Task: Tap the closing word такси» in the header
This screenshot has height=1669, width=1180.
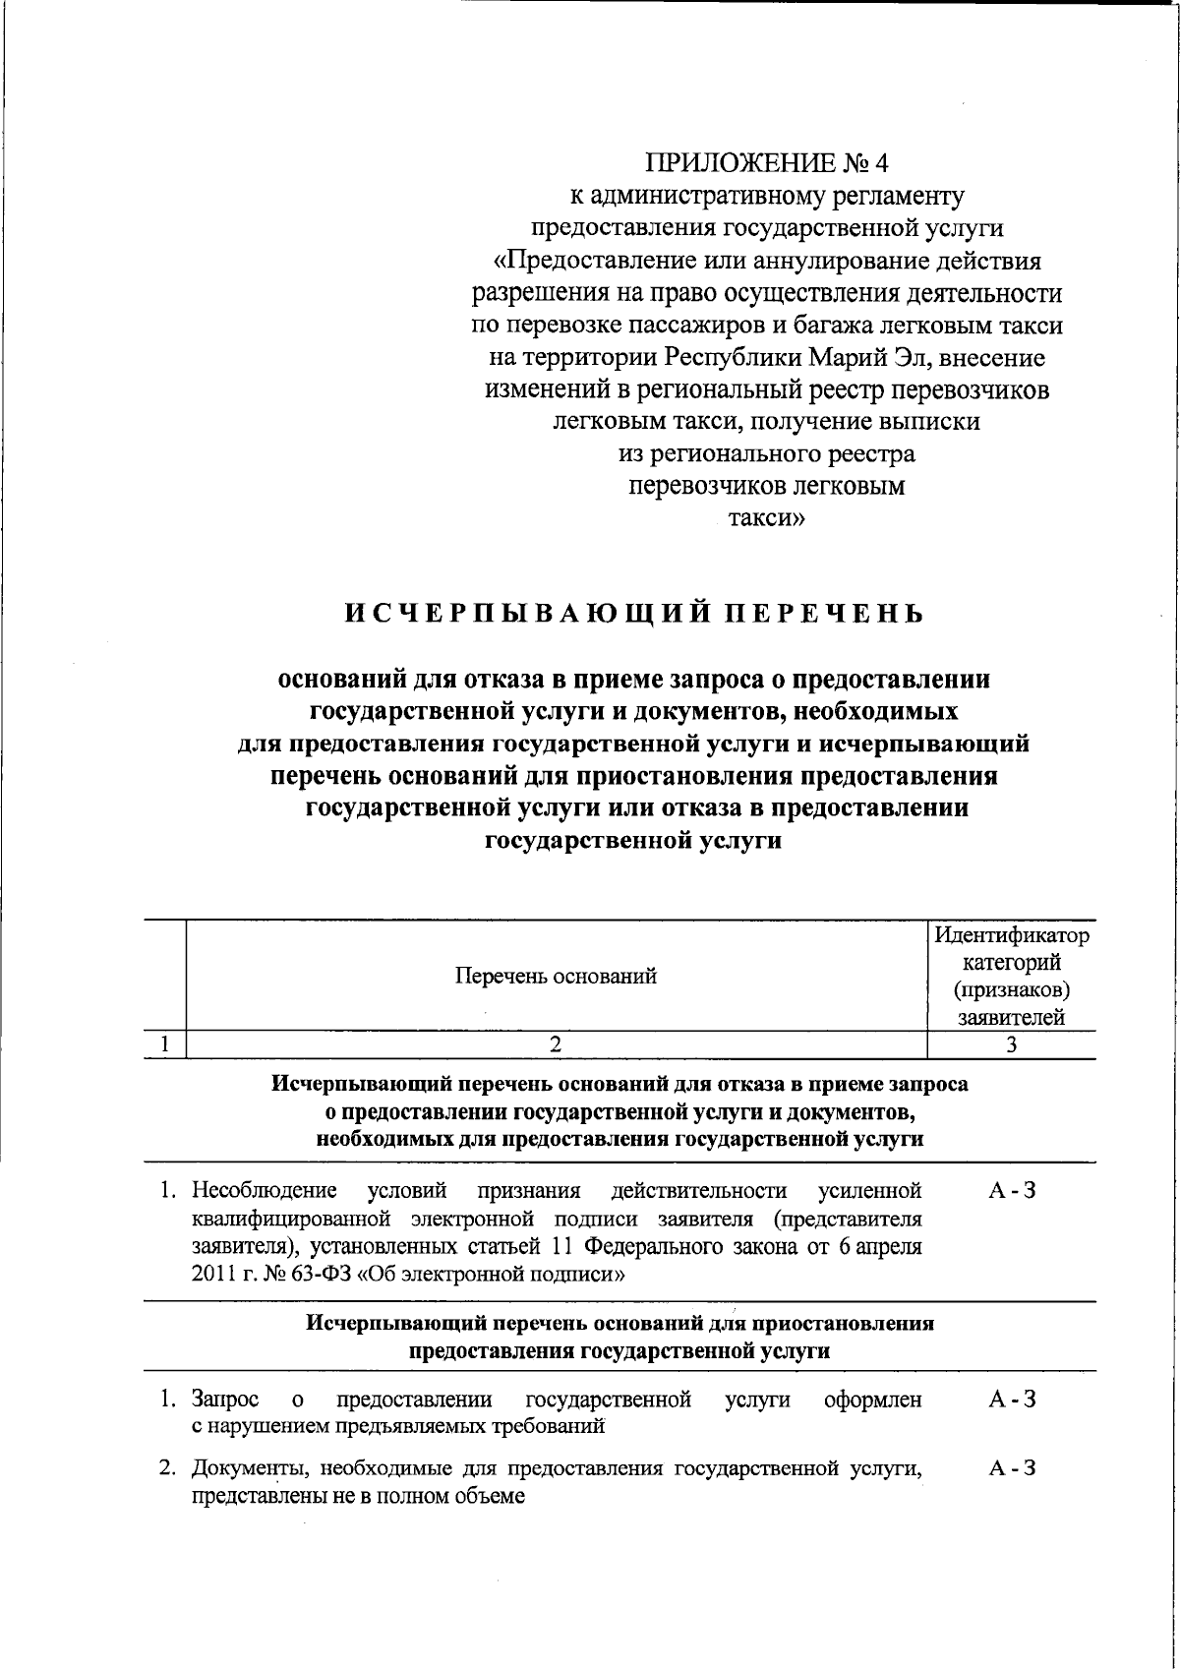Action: click(766, 518)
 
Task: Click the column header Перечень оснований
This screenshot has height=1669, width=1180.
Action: click(556, 976)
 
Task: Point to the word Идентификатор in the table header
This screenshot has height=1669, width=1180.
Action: click(1011, 934)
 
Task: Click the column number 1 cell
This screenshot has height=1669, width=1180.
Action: click(165, 1045)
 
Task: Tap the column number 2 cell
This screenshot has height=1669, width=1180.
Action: click(556, 1045)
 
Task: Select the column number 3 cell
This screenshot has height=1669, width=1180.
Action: click(1011, 1045)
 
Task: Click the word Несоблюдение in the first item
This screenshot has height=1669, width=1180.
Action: click(264, 1191)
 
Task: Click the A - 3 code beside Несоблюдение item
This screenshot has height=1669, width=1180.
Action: click(1012, 1191)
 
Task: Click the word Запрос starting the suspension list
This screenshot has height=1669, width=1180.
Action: click(225, 1399)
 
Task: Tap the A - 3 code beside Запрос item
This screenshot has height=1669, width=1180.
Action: click(1012, 1399)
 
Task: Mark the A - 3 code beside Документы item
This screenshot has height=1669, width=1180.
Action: click(1012, 1468)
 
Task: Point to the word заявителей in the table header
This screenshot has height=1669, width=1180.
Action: click(1011, 1018)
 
